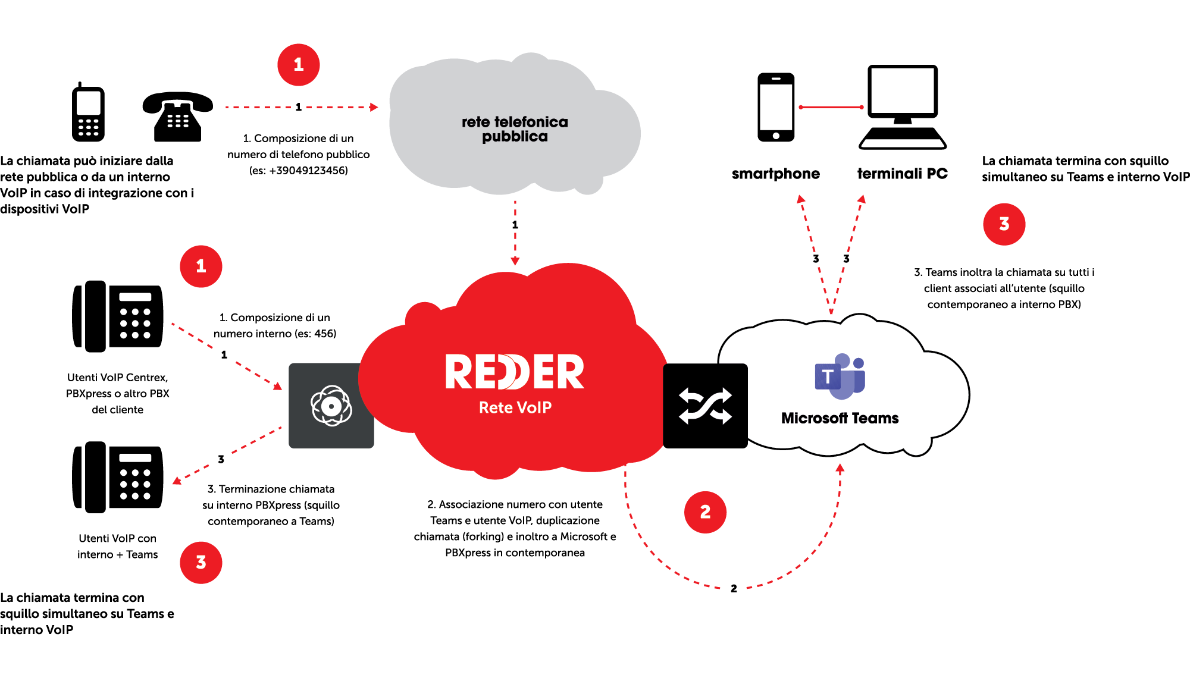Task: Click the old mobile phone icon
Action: coord(88,113)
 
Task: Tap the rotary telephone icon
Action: coord(177,117)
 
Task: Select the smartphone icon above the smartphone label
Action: coord(776,107)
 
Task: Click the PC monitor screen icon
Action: coord(903,92)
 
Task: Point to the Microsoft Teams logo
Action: coord(840,377)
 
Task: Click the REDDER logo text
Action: coord(515,372)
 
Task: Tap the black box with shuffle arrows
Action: coord(705,406)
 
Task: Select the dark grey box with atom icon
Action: coord(331,406)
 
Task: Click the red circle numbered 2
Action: coord(705,512)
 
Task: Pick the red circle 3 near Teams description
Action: coord(1004,224)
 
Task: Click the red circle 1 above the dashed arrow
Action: coord(299,65)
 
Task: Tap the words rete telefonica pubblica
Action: coord(515,129)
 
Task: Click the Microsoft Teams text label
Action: coord(840,418)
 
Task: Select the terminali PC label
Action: coord(902,174)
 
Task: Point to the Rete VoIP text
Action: coord(515,407)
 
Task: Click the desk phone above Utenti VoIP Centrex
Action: coord(118,316)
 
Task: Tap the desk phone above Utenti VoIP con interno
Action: coord(118,477)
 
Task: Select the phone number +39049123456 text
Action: coord(308,171)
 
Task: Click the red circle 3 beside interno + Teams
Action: coord(201,563)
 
